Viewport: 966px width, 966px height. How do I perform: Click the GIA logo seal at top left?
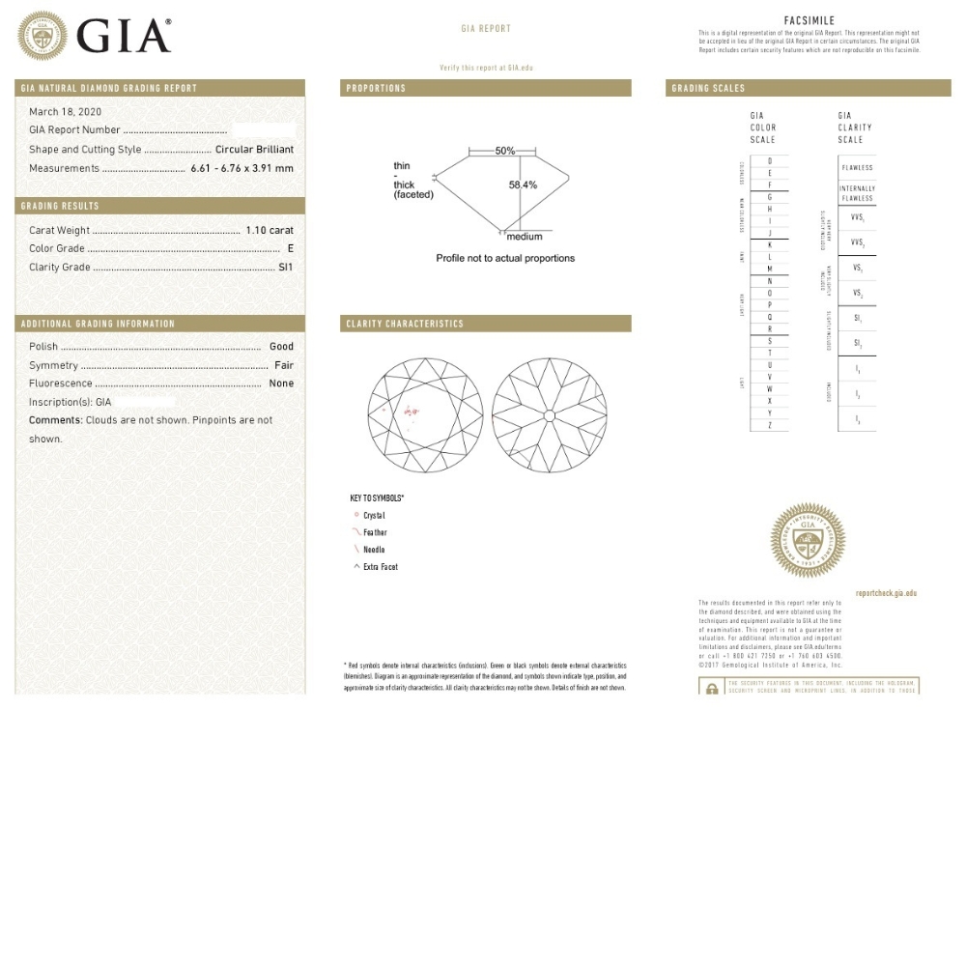(x=42, y=36)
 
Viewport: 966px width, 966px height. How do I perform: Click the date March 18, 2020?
(x=65, y=112)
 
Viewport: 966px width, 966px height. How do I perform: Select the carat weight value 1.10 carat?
(x=270, y=231)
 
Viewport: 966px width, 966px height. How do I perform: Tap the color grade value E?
(x=290, y=249)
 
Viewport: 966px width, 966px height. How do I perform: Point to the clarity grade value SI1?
(x=285, y=268)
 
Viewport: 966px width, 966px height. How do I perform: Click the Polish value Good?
(x=281, y=347)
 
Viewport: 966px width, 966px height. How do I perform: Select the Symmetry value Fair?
(x=284, y=366)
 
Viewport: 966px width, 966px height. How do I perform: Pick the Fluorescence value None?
(x=281, y=384)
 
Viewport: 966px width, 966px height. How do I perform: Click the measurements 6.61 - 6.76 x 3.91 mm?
(x=241, y=169)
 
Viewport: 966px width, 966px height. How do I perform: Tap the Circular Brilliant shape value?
(x=254, y=150)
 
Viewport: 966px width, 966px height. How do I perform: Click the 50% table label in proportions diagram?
(x=504, y=151)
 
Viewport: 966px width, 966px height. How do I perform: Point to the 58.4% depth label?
(x=523, y=185)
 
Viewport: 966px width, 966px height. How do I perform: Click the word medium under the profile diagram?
(x=525, y=237)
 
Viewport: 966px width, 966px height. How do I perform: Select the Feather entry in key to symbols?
(x=375, y=533)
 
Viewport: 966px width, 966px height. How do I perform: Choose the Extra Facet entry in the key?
(x=380, y=567)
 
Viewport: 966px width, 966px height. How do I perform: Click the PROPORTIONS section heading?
(x=377, y=89)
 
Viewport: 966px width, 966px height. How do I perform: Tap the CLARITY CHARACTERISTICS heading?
(x=405, y=325)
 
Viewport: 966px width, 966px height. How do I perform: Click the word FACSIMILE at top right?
(x=809, y=20)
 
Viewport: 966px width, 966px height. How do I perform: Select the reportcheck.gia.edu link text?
(x=886, y=593)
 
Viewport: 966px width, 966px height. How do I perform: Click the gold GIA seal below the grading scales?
(x=808, y=540)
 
